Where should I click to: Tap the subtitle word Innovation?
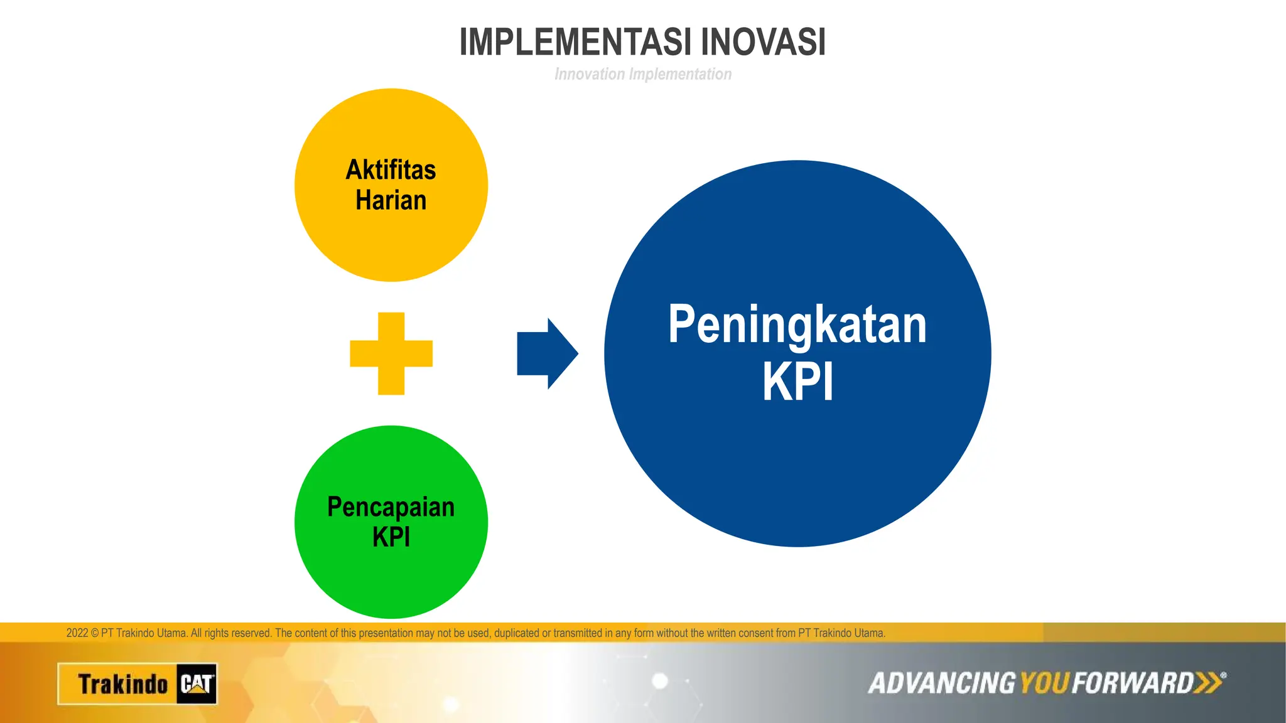click(590, 74)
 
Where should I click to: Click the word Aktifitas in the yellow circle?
click(391, 170)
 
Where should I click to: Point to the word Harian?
click(391, 200)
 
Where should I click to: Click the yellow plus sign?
click(391, 353)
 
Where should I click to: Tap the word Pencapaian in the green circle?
click(391, 507)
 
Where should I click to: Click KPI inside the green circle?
click(391, 537)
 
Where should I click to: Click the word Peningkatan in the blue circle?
click(797, 325)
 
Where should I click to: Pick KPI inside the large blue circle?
click(797, 382)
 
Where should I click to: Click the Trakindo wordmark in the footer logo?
click(122, 684)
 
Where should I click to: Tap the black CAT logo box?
click(197, 683)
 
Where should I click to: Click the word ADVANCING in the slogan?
click(941, 683)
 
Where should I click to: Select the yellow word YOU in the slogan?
click(1044, 683)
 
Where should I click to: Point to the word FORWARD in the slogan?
click(1132, 683)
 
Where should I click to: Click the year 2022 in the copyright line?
click(77, 633)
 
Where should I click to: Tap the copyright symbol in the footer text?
click(95, 633)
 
